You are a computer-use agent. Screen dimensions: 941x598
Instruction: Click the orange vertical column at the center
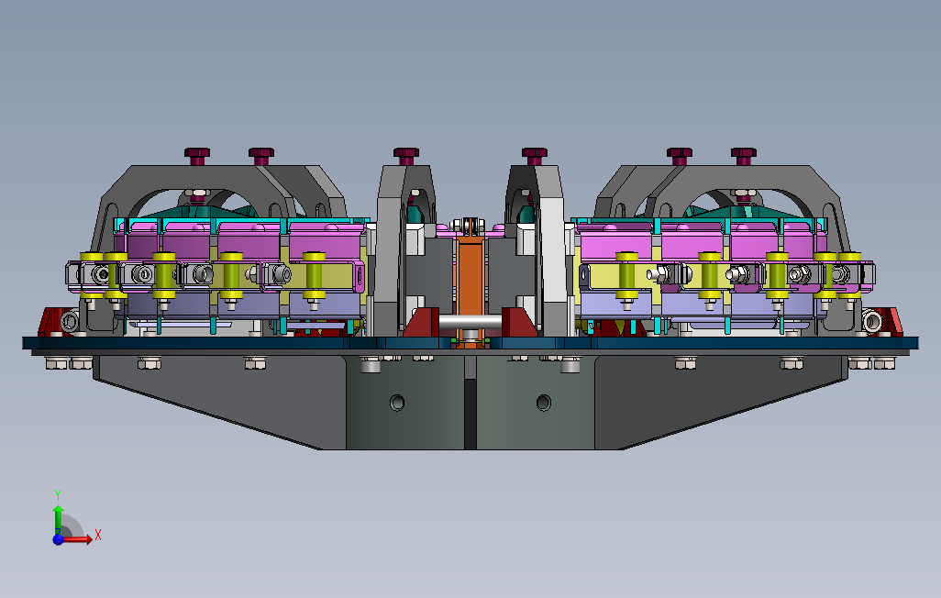click(x=470, y=282)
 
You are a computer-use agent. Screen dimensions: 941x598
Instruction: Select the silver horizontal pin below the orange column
click(x=470, y=322)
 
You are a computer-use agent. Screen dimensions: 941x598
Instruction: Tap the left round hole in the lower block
click(x=397, y=403)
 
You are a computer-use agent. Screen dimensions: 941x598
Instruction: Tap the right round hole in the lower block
click(x=544, y=403)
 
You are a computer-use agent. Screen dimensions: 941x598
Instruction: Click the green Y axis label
click(x=58, y=495)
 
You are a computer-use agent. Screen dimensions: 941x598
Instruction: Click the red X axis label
click(x=98, y=535)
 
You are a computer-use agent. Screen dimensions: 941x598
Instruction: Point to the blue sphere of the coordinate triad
click(x=58, y=539)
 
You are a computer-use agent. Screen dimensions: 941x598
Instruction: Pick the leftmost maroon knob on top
click(x=197, y=156)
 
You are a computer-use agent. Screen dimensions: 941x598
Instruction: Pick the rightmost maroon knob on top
click(x=744, y=156)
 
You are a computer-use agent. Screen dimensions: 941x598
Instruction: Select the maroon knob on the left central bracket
click(x=406, y=156)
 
